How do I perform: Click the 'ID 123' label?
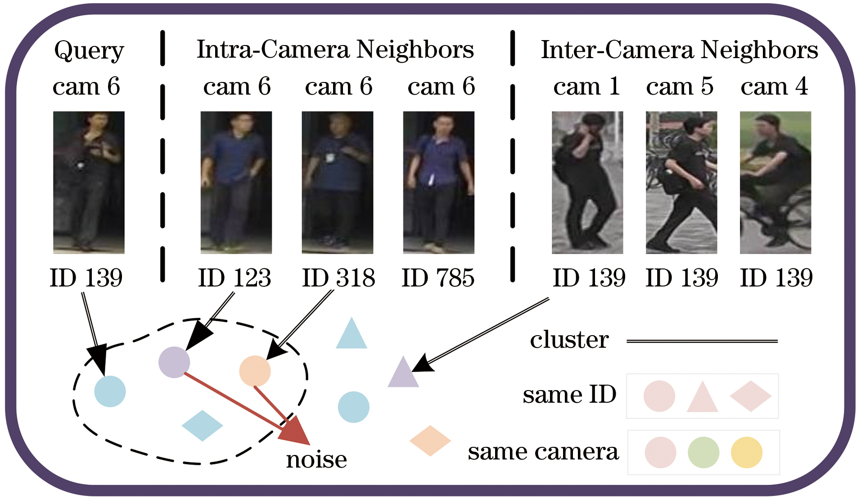[x=234, y=277]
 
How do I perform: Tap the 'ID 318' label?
[x=338, y=277]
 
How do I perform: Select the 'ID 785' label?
[x=438, y=277]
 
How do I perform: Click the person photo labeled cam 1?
[x=587, y=182]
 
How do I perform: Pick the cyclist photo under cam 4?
[x=775, y=182]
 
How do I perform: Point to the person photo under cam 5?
[x=681, y=182]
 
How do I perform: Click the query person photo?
[x=89, y=182]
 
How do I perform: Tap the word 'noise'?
[x=316, y=459]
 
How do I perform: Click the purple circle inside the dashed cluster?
[x=174, y=362]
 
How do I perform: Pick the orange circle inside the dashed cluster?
[x=255, y=371]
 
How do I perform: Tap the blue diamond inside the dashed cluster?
[x=202, y=425]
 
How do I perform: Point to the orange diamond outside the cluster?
[x=430, y=441]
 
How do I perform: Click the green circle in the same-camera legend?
[x=703, y=452]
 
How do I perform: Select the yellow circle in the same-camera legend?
[x=746, y=452]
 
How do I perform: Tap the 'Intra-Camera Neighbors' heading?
[x=335, y=50]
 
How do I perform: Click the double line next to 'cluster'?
[x=702, y=341]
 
